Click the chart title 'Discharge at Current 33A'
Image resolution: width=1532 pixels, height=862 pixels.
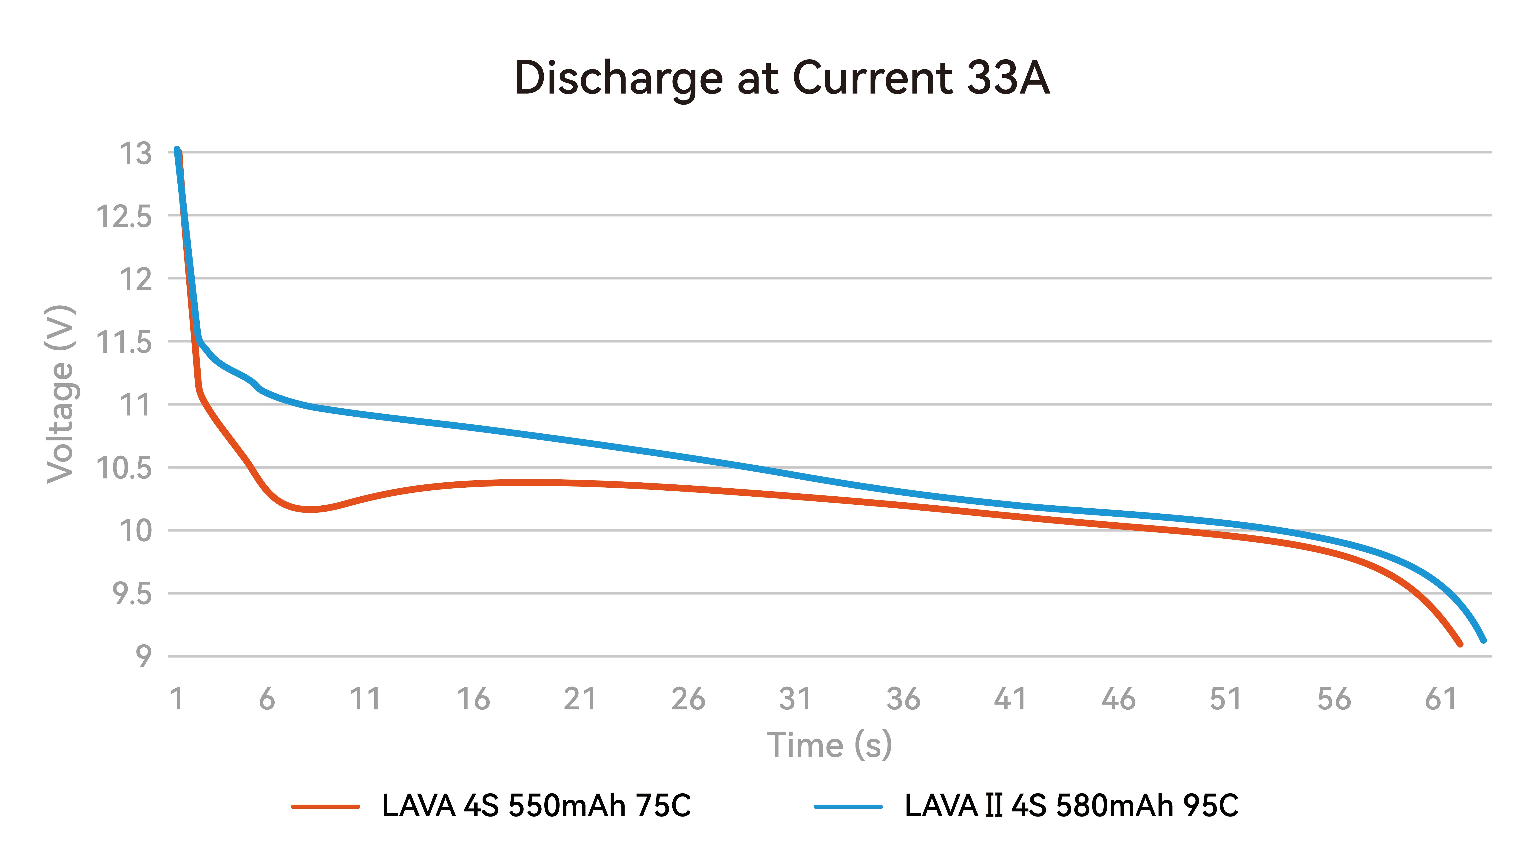click(782, 78)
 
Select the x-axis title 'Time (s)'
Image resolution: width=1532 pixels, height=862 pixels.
click(829, 745)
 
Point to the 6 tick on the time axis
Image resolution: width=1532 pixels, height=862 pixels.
click(267, 699)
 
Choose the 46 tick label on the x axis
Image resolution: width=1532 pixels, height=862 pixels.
click(1118, 699)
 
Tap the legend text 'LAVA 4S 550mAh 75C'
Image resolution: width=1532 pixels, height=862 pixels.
click(536, 806)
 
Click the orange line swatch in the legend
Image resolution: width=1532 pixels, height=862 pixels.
click(325, 807)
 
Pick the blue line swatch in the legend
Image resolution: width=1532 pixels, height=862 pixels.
click(847, 807)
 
